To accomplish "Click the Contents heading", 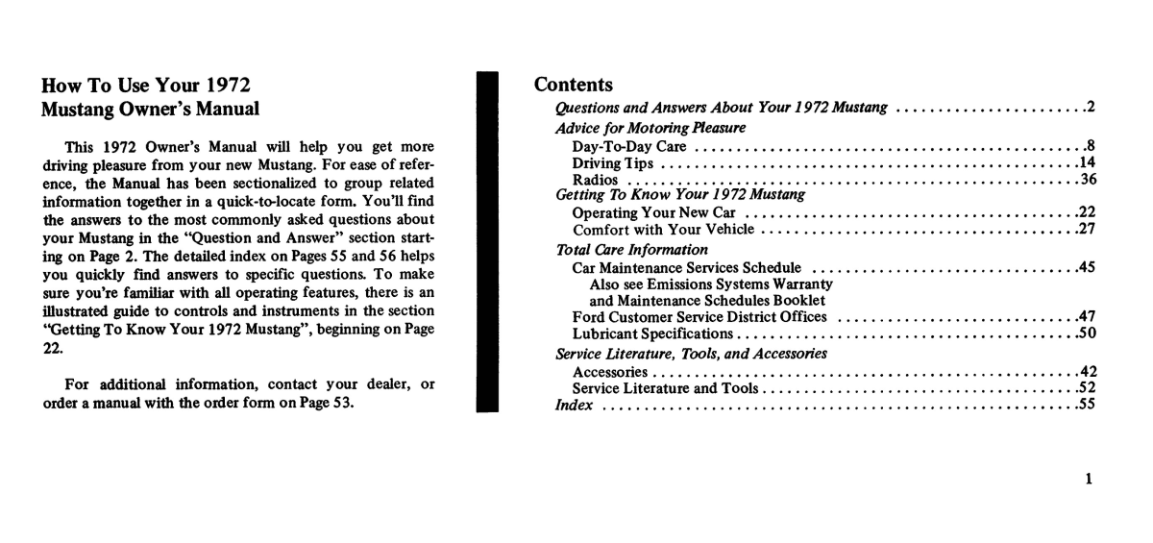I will (573, 85).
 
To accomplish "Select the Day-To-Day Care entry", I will (629, 147).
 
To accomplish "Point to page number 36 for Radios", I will (1088, 180).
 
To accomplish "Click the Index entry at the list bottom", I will (574, 405).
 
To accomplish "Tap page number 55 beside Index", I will (1088, 405).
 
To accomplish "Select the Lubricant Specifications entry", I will (652, 333).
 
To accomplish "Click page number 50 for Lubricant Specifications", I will (1088, 333).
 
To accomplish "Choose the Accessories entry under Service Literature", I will (609, 371).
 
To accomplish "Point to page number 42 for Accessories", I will (1088, 371).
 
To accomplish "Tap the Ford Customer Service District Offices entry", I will (699, 317).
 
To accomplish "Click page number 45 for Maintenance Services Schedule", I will (1088, 266).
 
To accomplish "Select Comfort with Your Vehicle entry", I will (658, 229).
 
